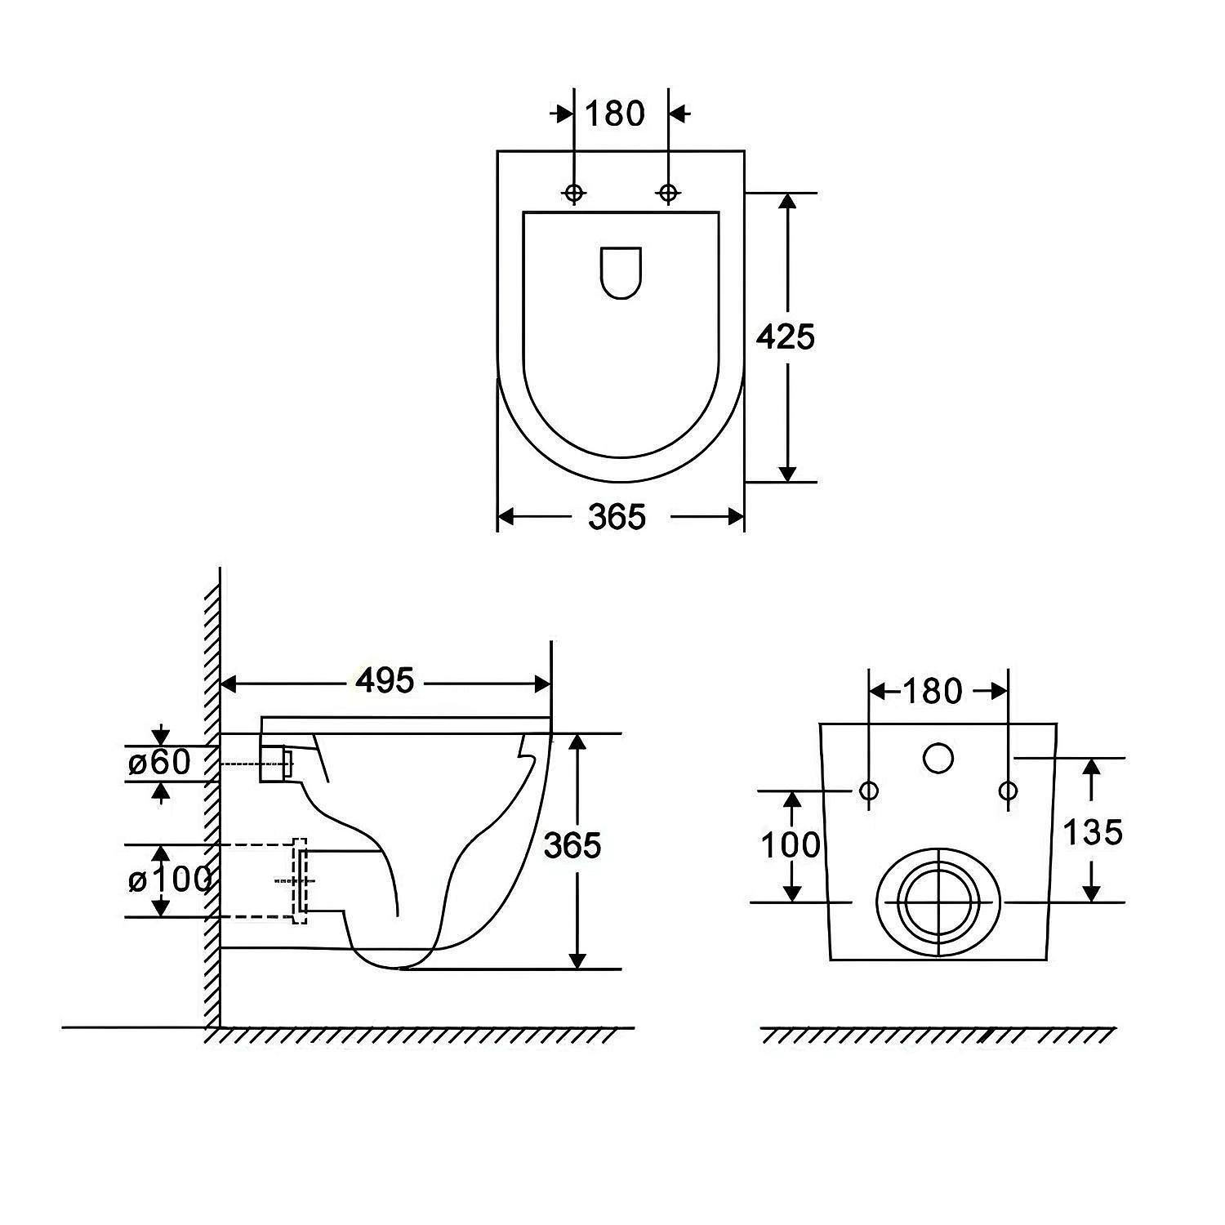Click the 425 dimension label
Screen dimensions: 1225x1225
pos(785,336)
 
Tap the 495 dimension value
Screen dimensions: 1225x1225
pos(385,680)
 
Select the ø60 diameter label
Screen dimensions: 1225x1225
pos(159,763)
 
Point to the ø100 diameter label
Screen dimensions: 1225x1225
pos(170,880)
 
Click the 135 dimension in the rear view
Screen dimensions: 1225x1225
pos(1093,831)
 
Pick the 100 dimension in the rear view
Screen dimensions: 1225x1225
pos(791,844)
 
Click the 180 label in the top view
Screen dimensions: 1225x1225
pos(615,114)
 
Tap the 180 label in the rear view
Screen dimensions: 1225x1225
pos(933,692)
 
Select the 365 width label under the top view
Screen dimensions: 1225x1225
pos(617,516)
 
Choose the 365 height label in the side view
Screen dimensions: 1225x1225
pos(572,845)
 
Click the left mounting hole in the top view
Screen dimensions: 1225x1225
pos(574,193)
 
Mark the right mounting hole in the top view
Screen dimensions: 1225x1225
pos(669,193)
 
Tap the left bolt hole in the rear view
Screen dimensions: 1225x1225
pos(869,791)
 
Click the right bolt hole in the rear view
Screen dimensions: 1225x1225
pos(1009,791)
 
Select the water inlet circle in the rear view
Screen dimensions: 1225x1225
pos(938,759)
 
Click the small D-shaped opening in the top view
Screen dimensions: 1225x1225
pos(621,273)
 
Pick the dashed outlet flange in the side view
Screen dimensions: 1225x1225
pos(299,880)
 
